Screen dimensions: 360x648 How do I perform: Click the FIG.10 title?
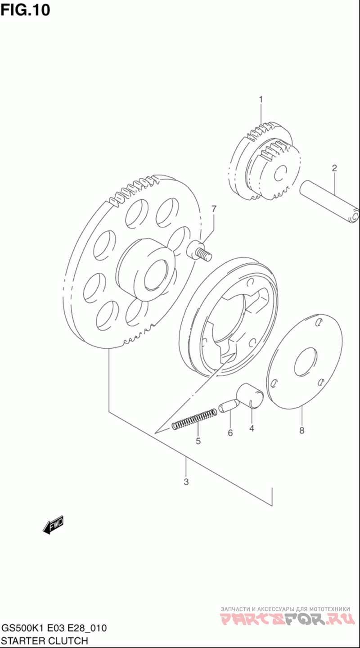pyautogui.click(x=25, y=9)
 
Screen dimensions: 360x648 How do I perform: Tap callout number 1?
pyautogui.click(x=260, y=99)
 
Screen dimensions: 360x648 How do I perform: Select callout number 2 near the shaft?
pyautogui.click(x=334, y=169)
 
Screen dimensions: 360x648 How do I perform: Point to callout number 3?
pyautogui.click(x=186, y=482)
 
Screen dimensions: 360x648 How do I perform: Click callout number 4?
pyautogui.click(x=252, y=428)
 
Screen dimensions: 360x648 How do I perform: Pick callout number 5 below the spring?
pyautogui.click(x=198, y=441)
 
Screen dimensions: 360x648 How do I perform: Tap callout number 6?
pyautogui.click(x=230, y=433)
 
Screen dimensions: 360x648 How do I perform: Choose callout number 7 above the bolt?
pyautogui.click(x=214, y=209)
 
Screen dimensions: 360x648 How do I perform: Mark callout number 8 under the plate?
pyautogui.click(x=301, y=431)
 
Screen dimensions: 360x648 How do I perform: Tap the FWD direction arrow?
pyautogui.click(x=54, y=524)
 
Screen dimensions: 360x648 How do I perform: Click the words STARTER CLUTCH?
pyautogui.click(x=45, y=640)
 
